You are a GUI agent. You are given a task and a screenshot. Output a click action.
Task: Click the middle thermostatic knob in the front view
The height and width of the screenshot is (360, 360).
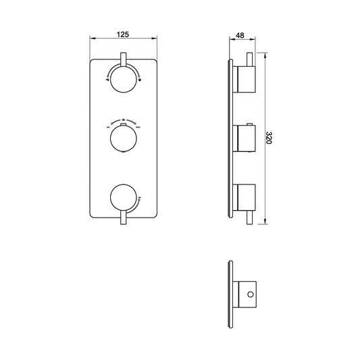123,140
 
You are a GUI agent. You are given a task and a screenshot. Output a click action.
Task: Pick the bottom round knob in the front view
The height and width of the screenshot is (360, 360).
123,198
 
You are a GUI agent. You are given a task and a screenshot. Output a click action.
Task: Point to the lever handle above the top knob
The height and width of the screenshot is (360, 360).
123,59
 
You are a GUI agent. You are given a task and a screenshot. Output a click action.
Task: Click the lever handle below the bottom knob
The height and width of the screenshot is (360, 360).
123,218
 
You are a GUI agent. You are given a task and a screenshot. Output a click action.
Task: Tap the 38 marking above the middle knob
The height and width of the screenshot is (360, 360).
123,120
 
